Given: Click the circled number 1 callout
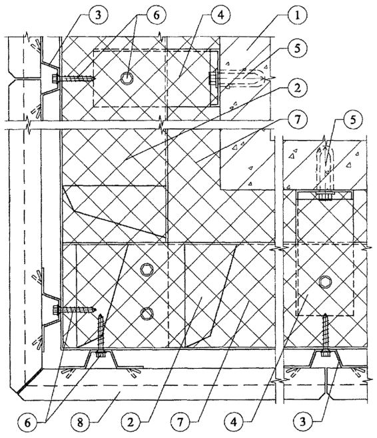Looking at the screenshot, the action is [297, 15].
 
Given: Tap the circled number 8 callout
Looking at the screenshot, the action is [80, 422].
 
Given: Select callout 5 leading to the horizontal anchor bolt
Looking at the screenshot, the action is [297, 48].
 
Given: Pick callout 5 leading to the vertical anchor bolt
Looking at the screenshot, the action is [353, 121].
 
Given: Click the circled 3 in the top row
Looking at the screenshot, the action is [98, 15].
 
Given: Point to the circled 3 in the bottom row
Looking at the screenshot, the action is [302, 422].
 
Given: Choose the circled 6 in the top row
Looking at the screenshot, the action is [156, 15].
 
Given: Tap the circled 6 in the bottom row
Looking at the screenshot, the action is [27, 422].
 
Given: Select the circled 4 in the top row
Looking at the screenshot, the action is [220, 15].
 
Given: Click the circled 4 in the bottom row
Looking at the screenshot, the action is [234, 422].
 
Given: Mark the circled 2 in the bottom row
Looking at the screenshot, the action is [131, 422].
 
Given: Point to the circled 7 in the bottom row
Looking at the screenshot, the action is [181, 422].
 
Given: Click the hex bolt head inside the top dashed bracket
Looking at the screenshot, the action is [127, 78].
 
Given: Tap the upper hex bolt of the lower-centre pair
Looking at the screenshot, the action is [146, 269].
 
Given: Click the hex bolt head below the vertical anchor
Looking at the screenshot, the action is [325, 281].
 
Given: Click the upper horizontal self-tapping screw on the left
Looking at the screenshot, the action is [74, 78].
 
